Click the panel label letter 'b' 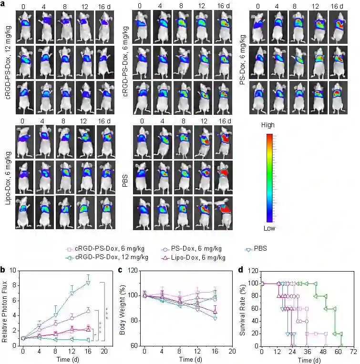point(3,270)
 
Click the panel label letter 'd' point(241,270)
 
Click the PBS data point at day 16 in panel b point(88,283)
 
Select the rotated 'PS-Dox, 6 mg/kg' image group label point(242,57)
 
